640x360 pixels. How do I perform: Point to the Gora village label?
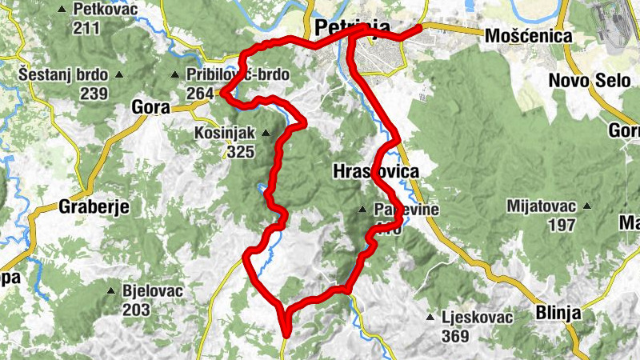150,107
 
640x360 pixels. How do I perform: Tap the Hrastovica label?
374,171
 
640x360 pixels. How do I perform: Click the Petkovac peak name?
105,10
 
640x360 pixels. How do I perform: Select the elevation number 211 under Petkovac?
86,29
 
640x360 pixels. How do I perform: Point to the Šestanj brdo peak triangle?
119,75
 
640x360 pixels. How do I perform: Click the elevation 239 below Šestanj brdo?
94,94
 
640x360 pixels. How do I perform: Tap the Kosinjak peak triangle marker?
266,133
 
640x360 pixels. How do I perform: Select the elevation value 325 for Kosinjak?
241,151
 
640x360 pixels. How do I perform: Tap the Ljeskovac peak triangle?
430,318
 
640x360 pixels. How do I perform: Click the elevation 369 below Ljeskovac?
455,336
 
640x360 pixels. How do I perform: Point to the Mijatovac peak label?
542,206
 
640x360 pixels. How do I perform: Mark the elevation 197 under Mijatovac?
560,225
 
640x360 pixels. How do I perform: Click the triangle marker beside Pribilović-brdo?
174,75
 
